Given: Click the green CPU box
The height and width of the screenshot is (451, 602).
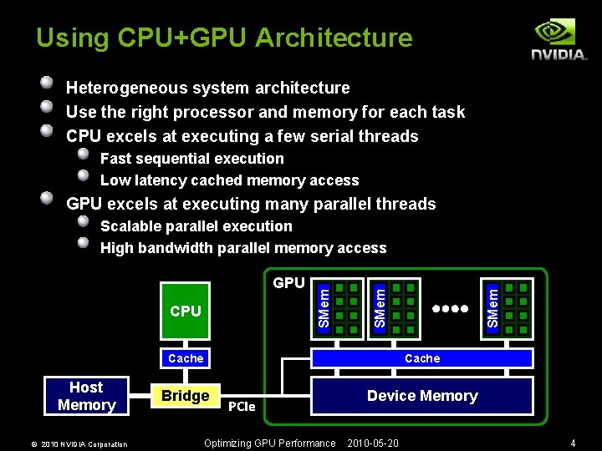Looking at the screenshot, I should [186, 311].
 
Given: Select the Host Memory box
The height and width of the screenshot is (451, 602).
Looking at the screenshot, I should [86, 396].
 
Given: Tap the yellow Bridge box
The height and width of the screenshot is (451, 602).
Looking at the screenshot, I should [186, 396].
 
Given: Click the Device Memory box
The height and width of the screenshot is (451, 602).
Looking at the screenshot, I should [422, 396].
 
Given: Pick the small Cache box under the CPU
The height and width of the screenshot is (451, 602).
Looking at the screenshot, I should [186, 358].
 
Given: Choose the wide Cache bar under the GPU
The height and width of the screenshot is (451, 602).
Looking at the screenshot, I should [422, 358].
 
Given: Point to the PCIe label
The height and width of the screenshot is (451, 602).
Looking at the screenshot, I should [242, 406].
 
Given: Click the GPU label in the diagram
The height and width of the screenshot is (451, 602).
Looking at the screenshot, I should [289, 283].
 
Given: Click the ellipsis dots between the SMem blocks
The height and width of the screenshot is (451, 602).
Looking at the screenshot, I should [450, 307].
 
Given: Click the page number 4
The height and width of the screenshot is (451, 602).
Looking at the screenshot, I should [573, 443].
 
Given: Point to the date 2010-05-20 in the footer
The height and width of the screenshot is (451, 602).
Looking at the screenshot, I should [373, 443].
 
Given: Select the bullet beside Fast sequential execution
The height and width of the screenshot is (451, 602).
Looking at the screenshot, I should [84, 155].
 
